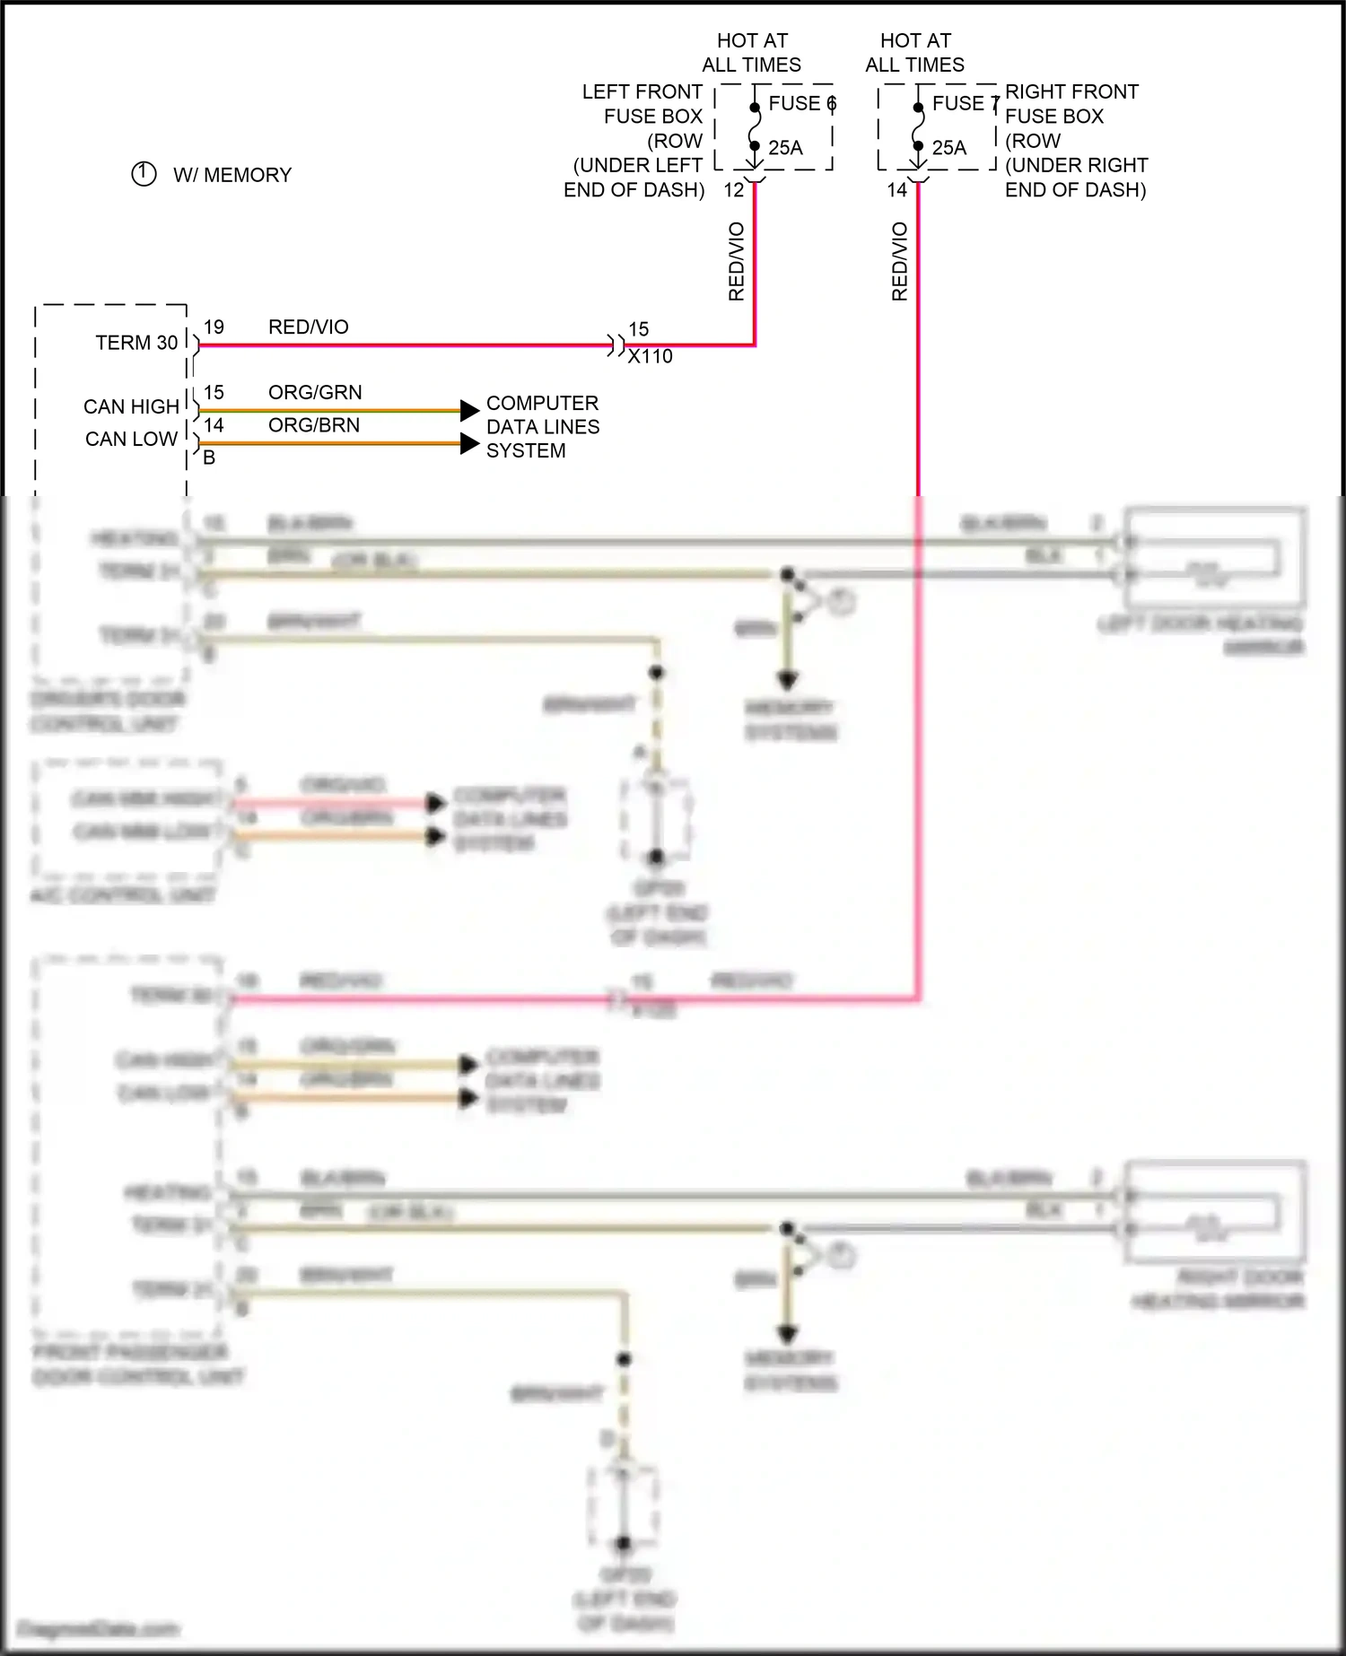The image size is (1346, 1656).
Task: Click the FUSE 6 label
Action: click(801, 103)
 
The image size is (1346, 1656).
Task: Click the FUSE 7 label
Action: click(965, 103)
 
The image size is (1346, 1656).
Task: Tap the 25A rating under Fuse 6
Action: click(785, 148)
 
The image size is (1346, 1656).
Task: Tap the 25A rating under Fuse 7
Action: click(948, 148)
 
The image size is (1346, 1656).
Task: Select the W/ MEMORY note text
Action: click(232, 175)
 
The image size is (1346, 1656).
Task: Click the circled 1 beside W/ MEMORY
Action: click(144, 174)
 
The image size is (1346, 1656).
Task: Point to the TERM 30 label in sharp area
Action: click(136, 343)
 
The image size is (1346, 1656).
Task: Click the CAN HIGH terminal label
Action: click(131, 406)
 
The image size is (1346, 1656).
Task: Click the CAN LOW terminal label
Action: click(131, 439)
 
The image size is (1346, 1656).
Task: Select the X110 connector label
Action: click(650, 357)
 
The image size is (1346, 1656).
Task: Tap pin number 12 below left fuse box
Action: click(733, 190)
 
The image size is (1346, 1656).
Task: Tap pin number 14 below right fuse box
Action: click(896, 190)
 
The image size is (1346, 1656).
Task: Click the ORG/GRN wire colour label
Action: click(315, 392)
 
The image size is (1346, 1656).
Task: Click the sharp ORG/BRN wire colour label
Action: click(313, 425)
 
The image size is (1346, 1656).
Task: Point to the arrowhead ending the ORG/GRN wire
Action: click(469, 411)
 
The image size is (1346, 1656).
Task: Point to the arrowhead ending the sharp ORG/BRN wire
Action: click(469, 443)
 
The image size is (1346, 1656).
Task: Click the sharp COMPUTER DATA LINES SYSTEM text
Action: click(542, 427)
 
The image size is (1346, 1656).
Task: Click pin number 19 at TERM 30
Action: click(214, 327)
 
